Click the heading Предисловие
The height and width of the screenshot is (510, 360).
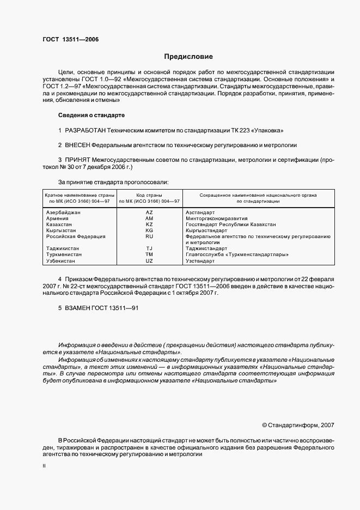(x=188, y=57)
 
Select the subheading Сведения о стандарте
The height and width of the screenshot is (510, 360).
(x=91, y=115)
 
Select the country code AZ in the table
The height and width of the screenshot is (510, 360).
(x=149, y=212)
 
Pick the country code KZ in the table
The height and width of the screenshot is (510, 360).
(x=149, y=224)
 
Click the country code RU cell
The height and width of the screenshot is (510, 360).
(x=149, y=236)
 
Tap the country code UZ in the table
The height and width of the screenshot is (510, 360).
(x=149, y=260)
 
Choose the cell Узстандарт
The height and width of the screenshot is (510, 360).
(x=200, y=260)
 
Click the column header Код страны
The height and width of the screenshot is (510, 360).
(x=149, y=195)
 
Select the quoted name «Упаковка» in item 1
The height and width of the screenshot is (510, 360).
(x=270, y=131)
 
